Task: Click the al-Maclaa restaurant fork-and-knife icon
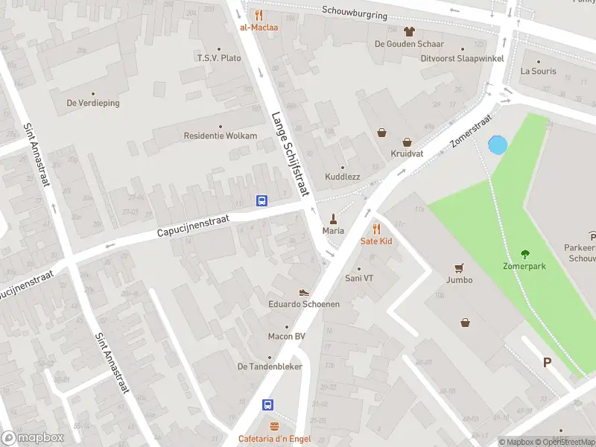coord(259,15)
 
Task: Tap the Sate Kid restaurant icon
coord(376,229)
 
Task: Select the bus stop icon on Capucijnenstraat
coord(262,200)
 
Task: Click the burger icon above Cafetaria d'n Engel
coord(274,427)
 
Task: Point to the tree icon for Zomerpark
coord(525,253)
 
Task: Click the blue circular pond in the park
coord(497,145)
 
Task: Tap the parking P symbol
coord(547,363)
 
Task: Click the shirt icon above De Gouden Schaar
coord(409,31)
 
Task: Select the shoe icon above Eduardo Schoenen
coord(304,292)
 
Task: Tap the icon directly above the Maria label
coord(333,219)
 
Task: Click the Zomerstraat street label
coord(472,131)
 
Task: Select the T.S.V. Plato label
coord(218,58)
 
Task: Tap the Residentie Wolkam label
coord(220,136)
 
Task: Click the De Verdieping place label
coord(93,104)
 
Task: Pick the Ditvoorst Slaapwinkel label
coord(462,58)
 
